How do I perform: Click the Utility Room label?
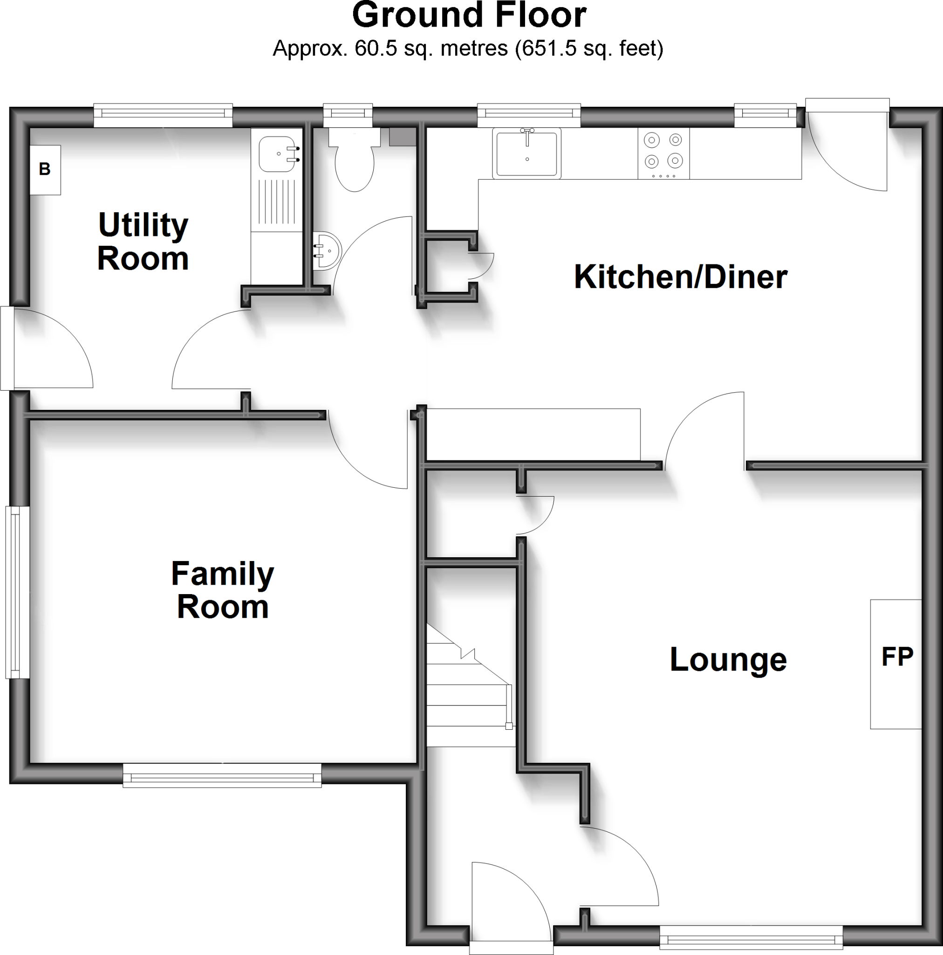tap(143, 241)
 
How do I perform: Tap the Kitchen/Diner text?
tap(680, 277)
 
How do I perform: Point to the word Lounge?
tap(728, 659)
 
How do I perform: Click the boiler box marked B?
tap(45, 170)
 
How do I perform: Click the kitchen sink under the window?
tap(526, 153)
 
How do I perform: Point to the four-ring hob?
tap(663, 153)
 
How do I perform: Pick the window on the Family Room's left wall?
tap(18, 592)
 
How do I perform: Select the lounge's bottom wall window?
tap(751, 937)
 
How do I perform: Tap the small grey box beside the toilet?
tap(402, 137)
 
